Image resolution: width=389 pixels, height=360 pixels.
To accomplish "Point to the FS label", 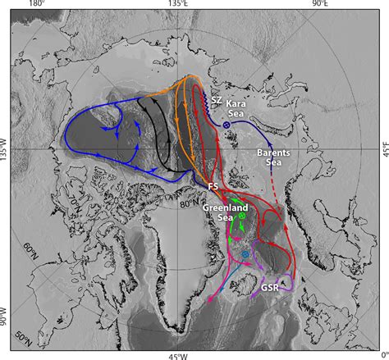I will (x=213, y=187).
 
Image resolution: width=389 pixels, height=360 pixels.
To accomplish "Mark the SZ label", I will (x=217, y=100).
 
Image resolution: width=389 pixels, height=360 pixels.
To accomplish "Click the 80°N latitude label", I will (x=191, y=198).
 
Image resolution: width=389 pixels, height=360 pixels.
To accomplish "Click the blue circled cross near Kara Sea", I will (x=226, y=124).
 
